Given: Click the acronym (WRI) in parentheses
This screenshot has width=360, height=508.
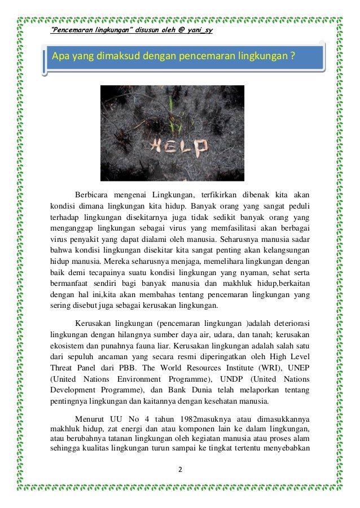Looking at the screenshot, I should pos(269,373).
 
